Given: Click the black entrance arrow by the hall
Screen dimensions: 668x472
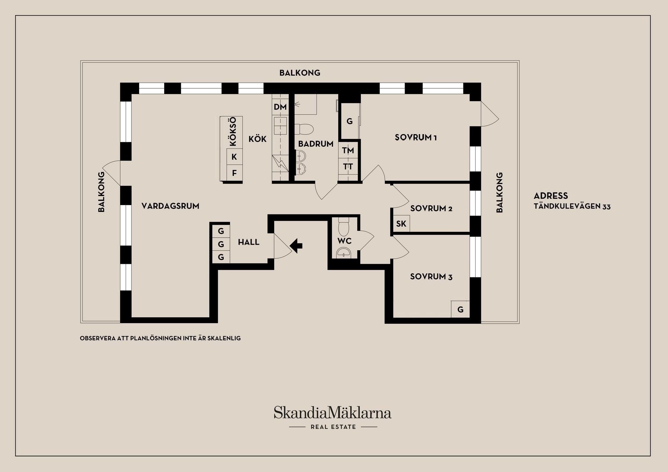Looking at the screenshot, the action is (296, 246).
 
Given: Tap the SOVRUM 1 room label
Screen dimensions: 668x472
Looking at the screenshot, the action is (416, 137).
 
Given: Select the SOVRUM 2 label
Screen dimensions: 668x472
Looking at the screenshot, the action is (431, 208).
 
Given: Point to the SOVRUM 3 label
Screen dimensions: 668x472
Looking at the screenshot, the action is (431, 277).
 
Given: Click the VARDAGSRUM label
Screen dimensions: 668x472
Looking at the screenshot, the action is (170, 206).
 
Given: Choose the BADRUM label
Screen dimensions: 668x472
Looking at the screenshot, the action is (316, 144).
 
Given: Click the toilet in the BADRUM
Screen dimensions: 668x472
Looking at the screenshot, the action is (304, 129).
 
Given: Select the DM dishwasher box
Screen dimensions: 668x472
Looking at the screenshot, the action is (280, 107).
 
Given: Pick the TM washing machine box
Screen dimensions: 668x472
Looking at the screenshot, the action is (348, 150).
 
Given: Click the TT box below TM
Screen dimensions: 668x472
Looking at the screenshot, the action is (348, 167).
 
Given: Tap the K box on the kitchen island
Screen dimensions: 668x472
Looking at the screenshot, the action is (234, 157).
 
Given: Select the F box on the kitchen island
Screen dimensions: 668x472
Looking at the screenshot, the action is (234, 173).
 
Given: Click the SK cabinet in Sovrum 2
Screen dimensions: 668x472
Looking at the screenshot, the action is (401, 223).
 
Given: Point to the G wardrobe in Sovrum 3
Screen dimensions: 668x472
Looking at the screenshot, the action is (460, 309).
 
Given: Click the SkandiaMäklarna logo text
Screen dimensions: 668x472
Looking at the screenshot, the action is (333, 413).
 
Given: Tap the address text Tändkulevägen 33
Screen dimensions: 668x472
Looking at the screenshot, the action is (572, 206).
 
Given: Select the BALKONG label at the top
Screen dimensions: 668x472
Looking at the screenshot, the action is (300, 73).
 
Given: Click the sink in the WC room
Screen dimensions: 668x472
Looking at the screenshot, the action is (344, 253).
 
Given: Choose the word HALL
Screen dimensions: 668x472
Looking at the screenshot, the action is (249, 242).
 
